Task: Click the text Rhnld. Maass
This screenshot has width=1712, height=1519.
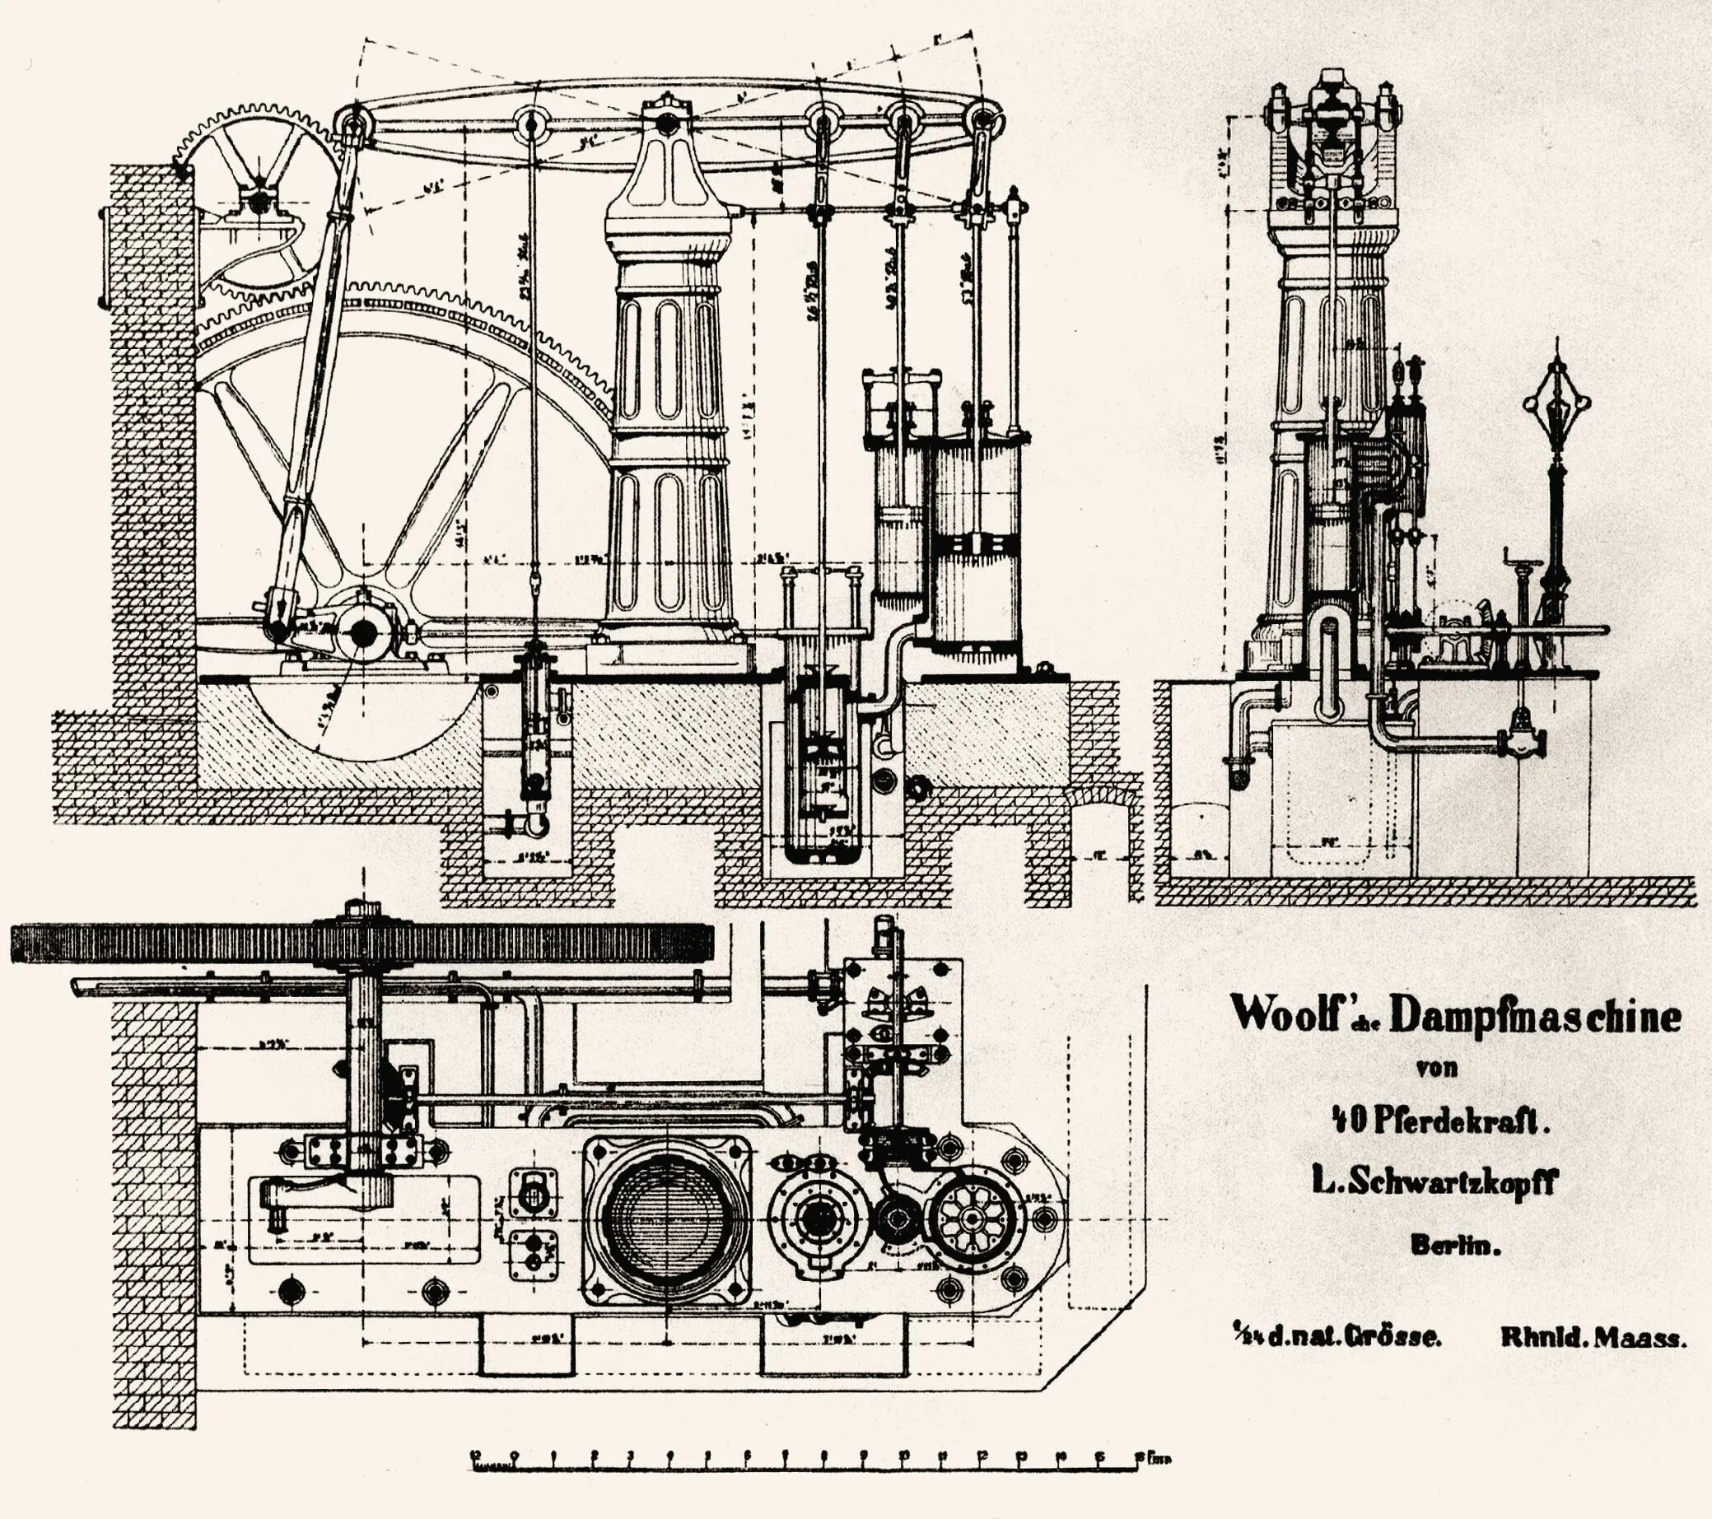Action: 1592,1338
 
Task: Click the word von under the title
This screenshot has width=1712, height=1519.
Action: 1436,1068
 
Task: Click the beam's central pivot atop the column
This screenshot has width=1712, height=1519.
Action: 667,124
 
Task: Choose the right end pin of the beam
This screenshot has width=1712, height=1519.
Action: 978,123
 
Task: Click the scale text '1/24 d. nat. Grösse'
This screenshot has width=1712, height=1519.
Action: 1336,1337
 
